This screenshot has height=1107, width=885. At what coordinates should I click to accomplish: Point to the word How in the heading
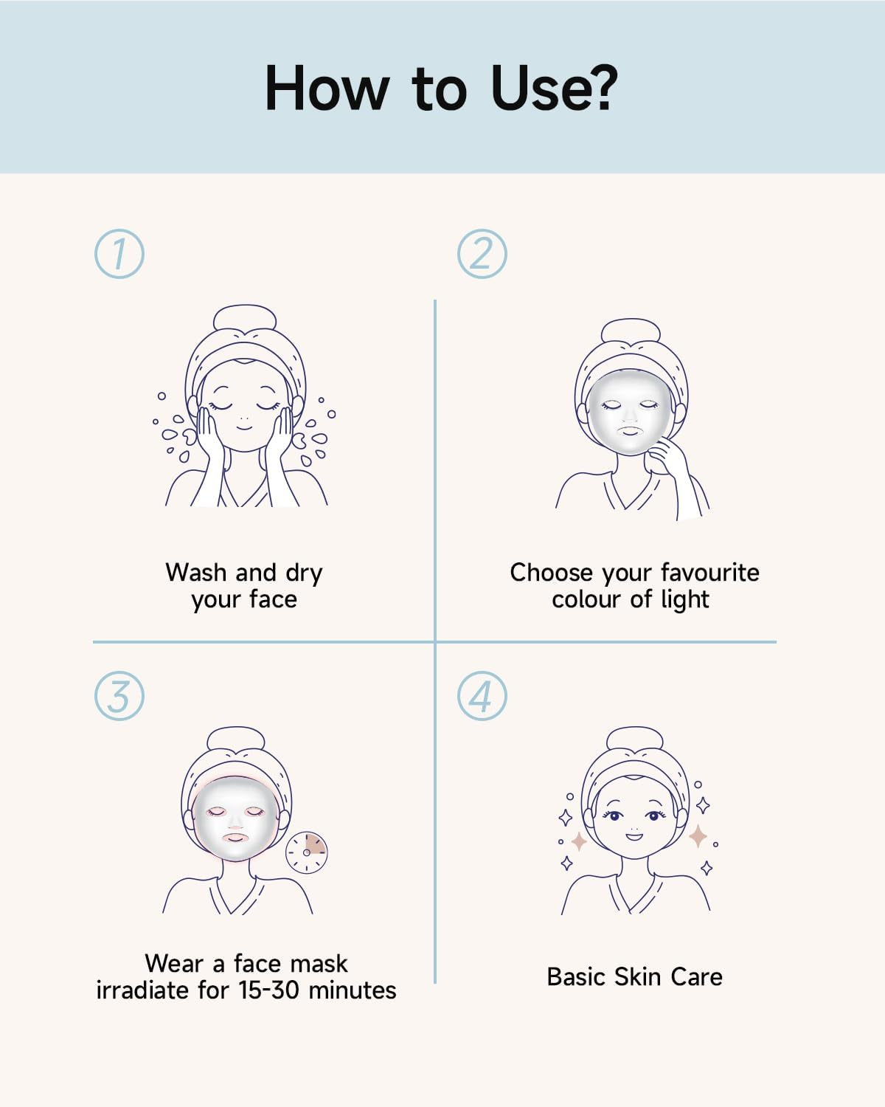(x=327, y=88)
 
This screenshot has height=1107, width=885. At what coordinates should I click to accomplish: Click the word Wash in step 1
(x=196, y=572)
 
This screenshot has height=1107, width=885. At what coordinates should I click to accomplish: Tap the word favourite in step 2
(x=709, y=572)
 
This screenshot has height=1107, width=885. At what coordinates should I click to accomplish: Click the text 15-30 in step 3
(x=268, y=990)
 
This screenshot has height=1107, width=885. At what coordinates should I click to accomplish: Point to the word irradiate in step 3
(x=142, y=990)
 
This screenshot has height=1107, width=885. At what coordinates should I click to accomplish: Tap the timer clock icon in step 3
(x=307, y=852)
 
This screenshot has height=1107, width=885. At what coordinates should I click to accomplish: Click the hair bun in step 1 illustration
(x=245, y=317)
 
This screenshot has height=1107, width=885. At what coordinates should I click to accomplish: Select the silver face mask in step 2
(x=630, y=412)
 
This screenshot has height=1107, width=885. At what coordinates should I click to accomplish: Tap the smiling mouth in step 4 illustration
(x=634, y=836)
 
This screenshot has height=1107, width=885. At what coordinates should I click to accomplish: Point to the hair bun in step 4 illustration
(x=634, y=739)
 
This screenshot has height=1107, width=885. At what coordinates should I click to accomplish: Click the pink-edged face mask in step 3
(x=235, y=818)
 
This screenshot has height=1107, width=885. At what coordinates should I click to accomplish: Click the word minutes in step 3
(x=353, y=990)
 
